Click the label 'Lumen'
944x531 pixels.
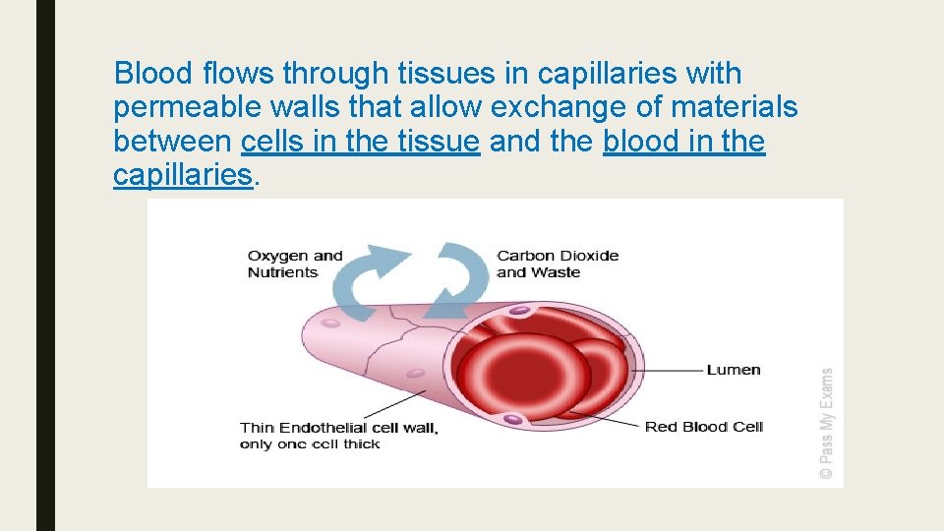[x=733, y=370]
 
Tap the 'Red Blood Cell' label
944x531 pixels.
[x=703, y=427]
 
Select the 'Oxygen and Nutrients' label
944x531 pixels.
[x=294, y=264]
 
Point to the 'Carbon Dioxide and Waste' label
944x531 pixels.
[x=557, y=264]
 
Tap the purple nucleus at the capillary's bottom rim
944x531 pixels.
[x=512, y=420]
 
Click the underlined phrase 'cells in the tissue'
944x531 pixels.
[x=360, y=142]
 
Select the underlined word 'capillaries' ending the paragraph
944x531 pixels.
[x=183, y=175]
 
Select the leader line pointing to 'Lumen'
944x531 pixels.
[x=669, y=371]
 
